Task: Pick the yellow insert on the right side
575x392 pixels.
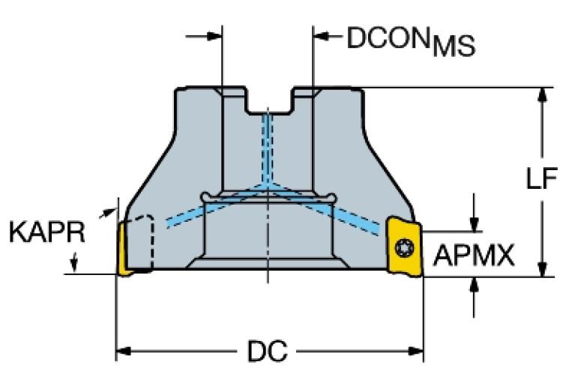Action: (404, 245)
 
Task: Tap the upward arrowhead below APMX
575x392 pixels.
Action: (474, 284)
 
